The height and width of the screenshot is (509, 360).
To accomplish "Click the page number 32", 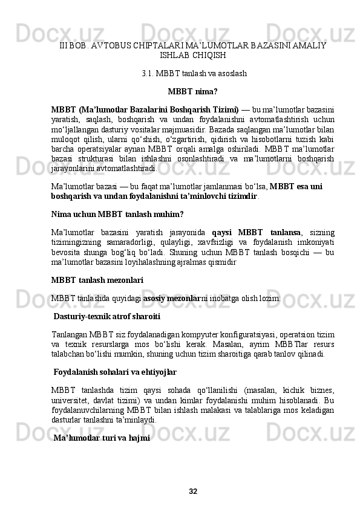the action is coord(193,490).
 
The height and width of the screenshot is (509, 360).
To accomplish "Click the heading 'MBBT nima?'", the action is coord(193,92).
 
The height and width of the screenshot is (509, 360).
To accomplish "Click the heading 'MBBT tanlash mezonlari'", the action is coord(97,263).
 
